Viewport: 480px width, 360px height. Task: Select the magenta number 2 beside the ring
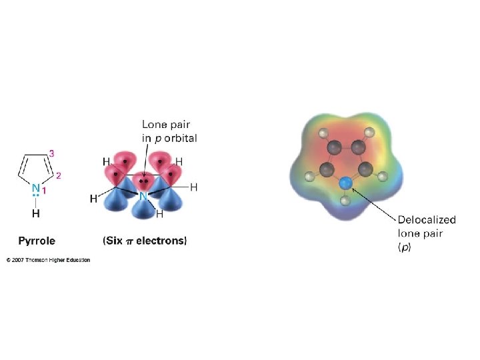58,176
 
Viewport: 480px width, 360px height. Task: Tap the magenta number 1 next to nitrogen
45,190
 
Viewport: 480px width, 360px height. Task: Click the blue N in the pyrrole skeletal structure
35,189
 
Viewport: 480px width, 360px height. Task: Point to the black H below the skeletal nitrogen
35,214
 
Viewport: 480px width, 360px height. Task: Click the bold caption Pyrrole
37,241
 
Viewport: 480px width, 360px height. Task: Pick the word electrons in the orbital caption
164,241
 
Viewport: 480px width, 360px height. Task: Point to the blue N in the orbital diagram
143,197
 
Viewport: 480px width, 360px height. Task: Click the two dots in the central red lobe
142,181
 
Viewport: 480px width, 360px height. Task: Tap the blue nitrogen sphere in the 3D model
345,182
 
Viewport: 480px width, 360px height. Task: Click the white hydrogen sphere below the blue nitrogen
345,200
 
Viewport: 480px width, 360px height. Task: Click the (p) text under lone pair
405,247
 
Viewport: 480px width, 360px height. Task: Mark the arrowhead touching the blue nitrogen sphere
353,189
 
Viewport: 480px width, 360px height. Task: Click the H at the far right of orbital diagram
194,187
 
